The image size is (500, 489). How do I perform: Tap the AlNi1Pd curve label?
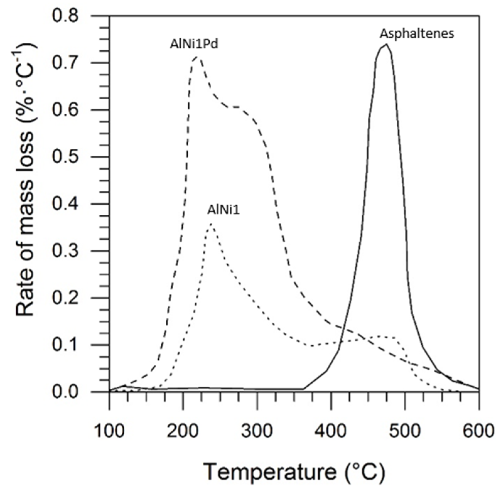[194, 44]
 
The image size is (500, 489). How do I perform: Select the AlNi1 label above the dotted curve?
[223, 210]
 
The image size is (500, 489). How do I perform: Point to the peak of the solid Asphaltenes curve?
[386, 44]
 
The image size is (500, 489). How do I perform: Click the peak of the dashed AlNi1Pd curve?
[197, 57]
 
